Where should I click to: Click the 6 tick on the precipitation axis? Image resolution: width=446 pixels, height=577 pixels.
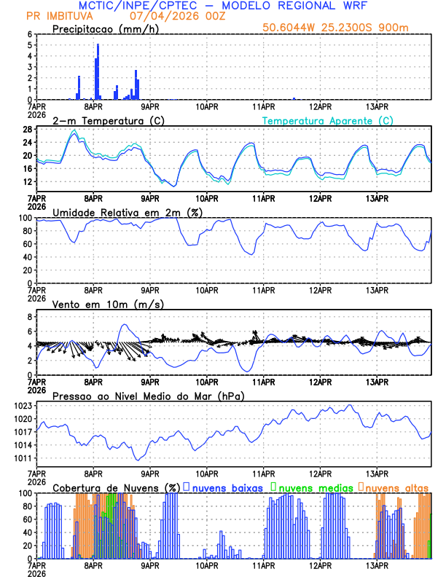29,34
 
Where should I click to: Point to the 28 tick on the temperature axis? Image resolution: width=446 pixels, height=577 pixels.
27,130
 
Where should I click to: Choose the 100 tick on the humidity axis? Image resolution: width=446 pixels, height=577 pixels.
25,218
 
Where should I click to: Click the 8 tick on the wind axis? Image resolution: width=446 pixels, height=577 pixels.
29,317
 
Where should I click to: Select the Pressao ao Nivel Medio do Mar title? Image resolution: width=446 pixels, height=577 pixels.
148,396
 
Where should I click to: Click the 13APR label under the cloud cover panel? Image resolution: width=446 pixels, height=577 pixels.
376,565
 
